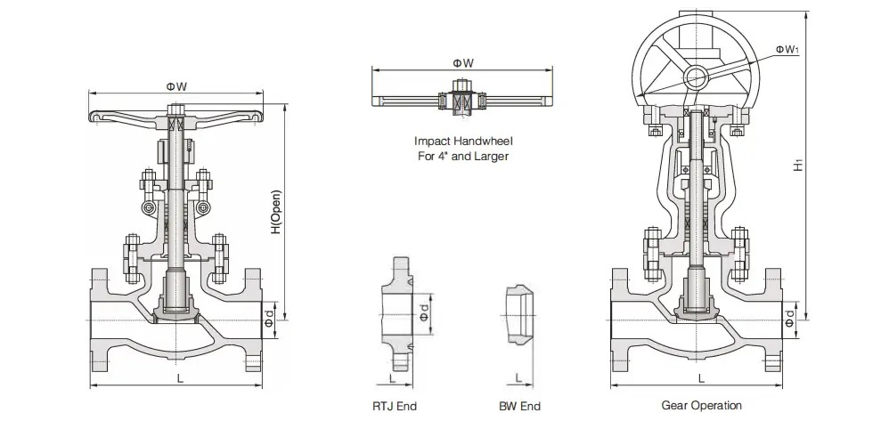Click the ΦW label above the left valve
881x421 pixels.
pyautogui.click(x=175, y=85)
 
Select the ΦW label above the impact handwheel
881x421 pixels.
pyautogui.click(x=462, y=62)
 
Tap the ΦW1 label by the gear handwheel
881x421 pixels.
pyautogui.click(x=785, y=50)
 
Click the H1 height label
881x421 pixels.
pyautogui.click(x=810, y=167)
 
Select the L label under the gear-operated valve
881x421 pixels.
pyautogui.click(x=701, y=379)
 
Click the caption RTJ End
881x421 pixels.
pyautogui.click(x=396, y=406)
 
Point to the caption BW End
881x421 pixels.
pyautogui.click(x=519, y=406)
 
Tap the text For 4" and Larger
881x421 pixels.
pyautogui.click(x=463, y=157)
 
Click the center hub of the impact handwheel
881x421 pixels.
pyautogui.click(x=462, y=97)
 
